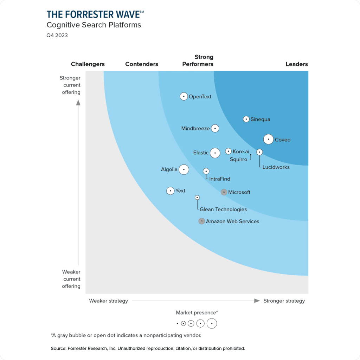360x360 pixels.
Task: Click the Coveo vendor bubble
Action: (x=269, y=140)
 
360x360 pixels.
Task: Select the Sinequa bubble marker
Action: (x=246, y=119)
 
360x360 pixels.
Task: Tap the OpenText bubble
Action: (x=184, y=96)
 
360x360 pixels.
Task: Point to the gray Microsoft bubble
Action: (x=224, y=192)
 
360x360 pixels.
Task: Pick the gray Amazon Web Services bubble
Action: (x=201, y=221)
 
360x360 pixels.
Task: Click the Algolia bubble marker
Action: (x=184, y=169)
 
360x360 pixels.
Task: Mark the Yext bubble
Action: (x=171, y=191)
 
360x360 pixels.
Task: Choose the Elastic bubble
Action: (x=215, y=153)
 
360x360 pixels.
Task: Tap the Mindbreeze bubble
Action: (x=215, y=128)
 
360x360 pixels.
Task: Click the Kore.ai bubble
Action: (x=229, y=152)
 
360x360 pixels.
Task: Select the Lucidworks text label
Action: (x=276, y=167)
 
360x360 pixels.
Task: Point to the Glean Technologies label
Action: (x=223, y=210)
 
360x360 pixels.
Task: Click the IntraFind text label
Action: (x=220, y=179)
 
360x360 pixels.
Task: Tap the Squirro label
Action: (x=238, y=159)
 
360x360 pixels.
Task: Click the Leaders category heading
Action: (x=297, y=64)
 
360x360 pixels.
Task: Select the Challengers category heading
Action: (x=88, y=64)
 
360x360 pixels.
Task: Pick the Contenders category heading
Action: (x=142, y=64)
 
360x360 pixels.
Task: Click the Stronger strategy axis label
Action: (x=284, y=301)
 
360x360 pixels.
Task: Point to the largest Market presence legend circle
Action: (x=212, y=323)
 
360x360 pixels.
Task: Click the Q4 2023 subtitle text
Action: (x=57, y=35)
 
